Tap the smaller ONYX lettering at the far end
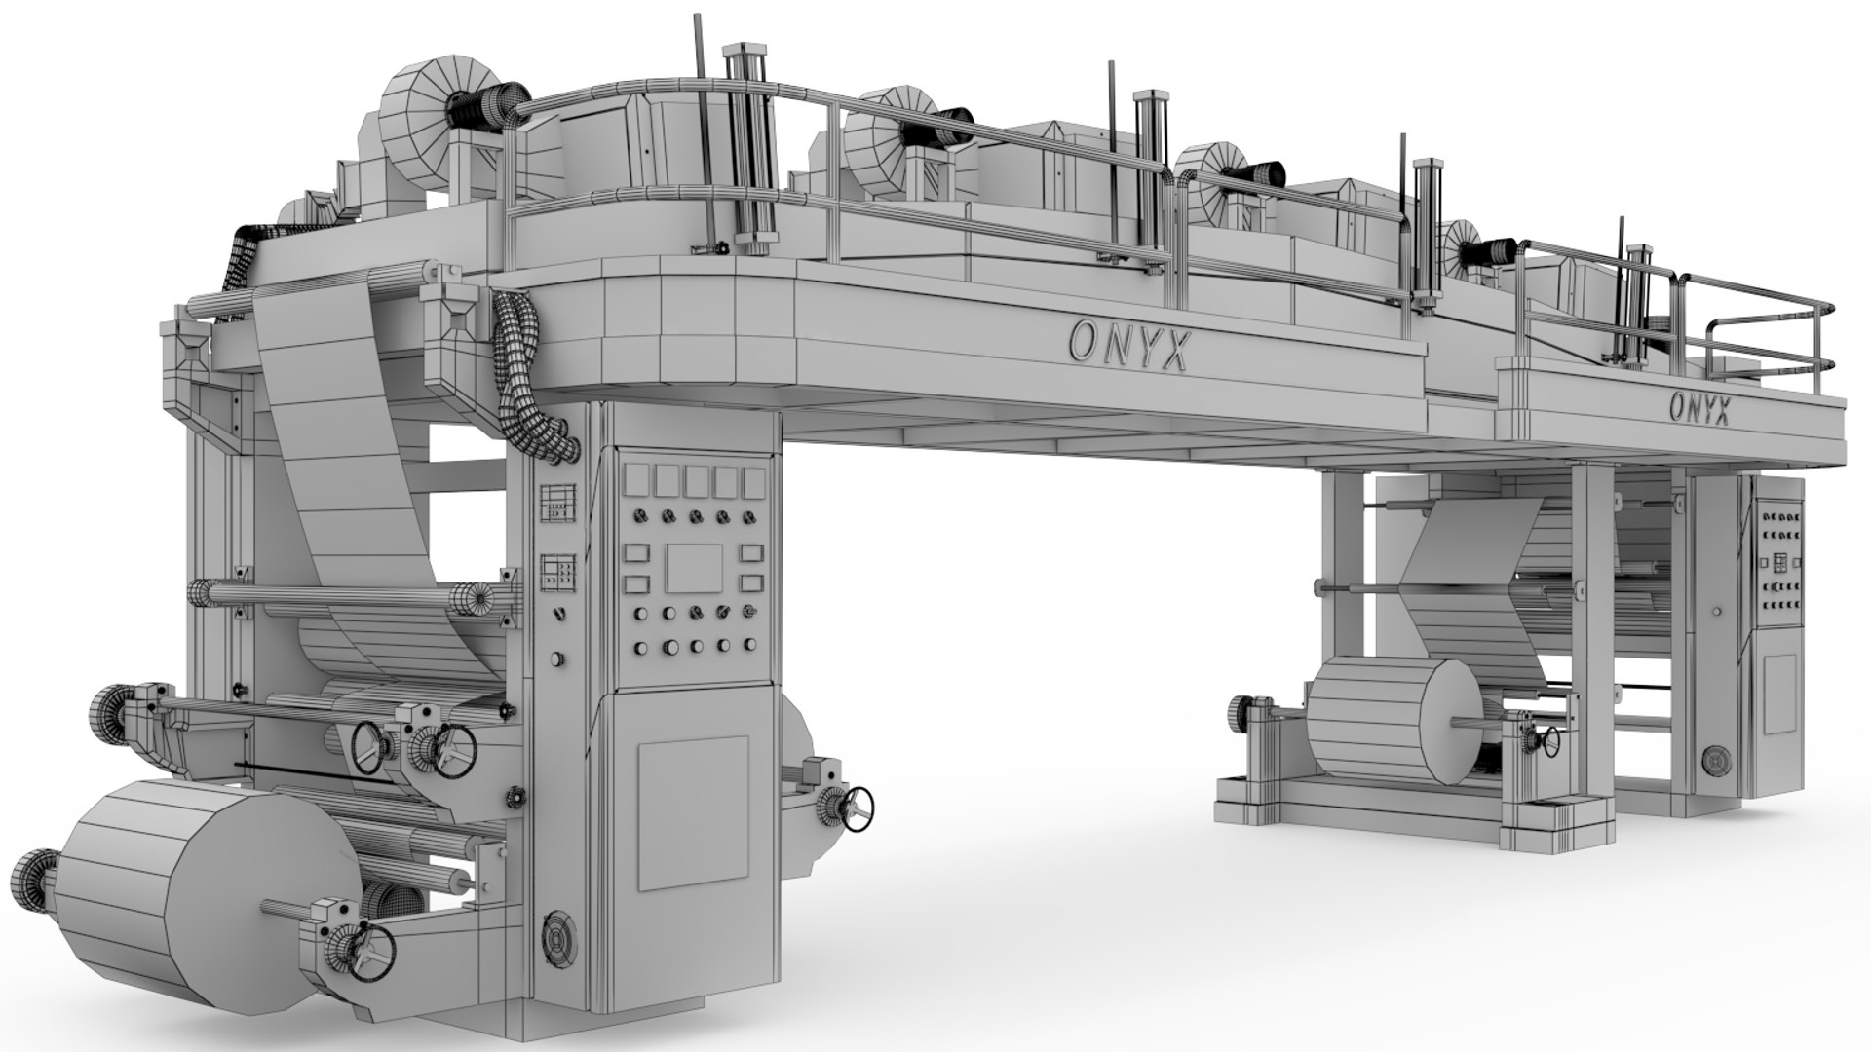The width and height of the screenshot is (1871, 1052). coord(1699,408)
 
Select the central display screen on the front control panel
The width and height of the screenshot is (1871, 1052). coord(693,569)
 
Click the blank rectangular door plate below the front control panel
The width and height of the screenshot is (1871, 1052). coord(694,813)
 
